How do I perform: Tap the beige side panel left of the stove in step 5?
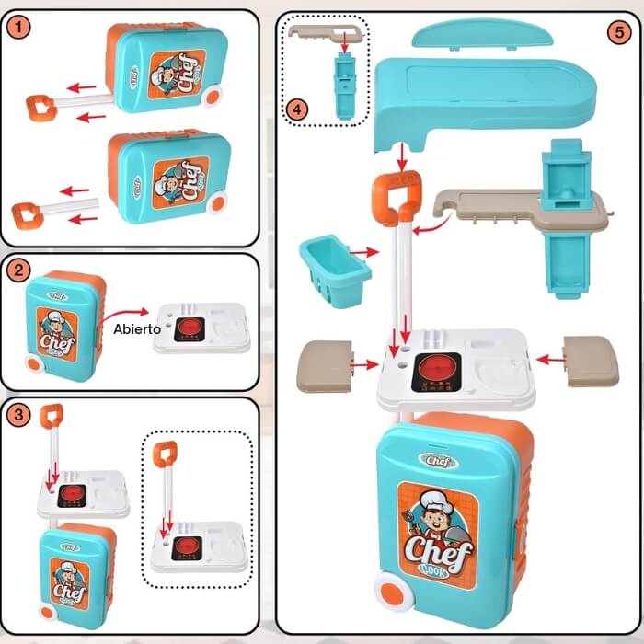pos(324,365)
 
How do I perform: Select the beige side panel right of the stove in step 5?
pos(591,360)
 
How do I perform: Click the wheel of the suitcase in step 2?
pos(35,365)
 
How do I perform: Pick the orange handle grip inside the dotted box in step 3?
pos(166,454)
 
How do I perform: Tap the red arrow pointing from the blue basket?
pos(364,250)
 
